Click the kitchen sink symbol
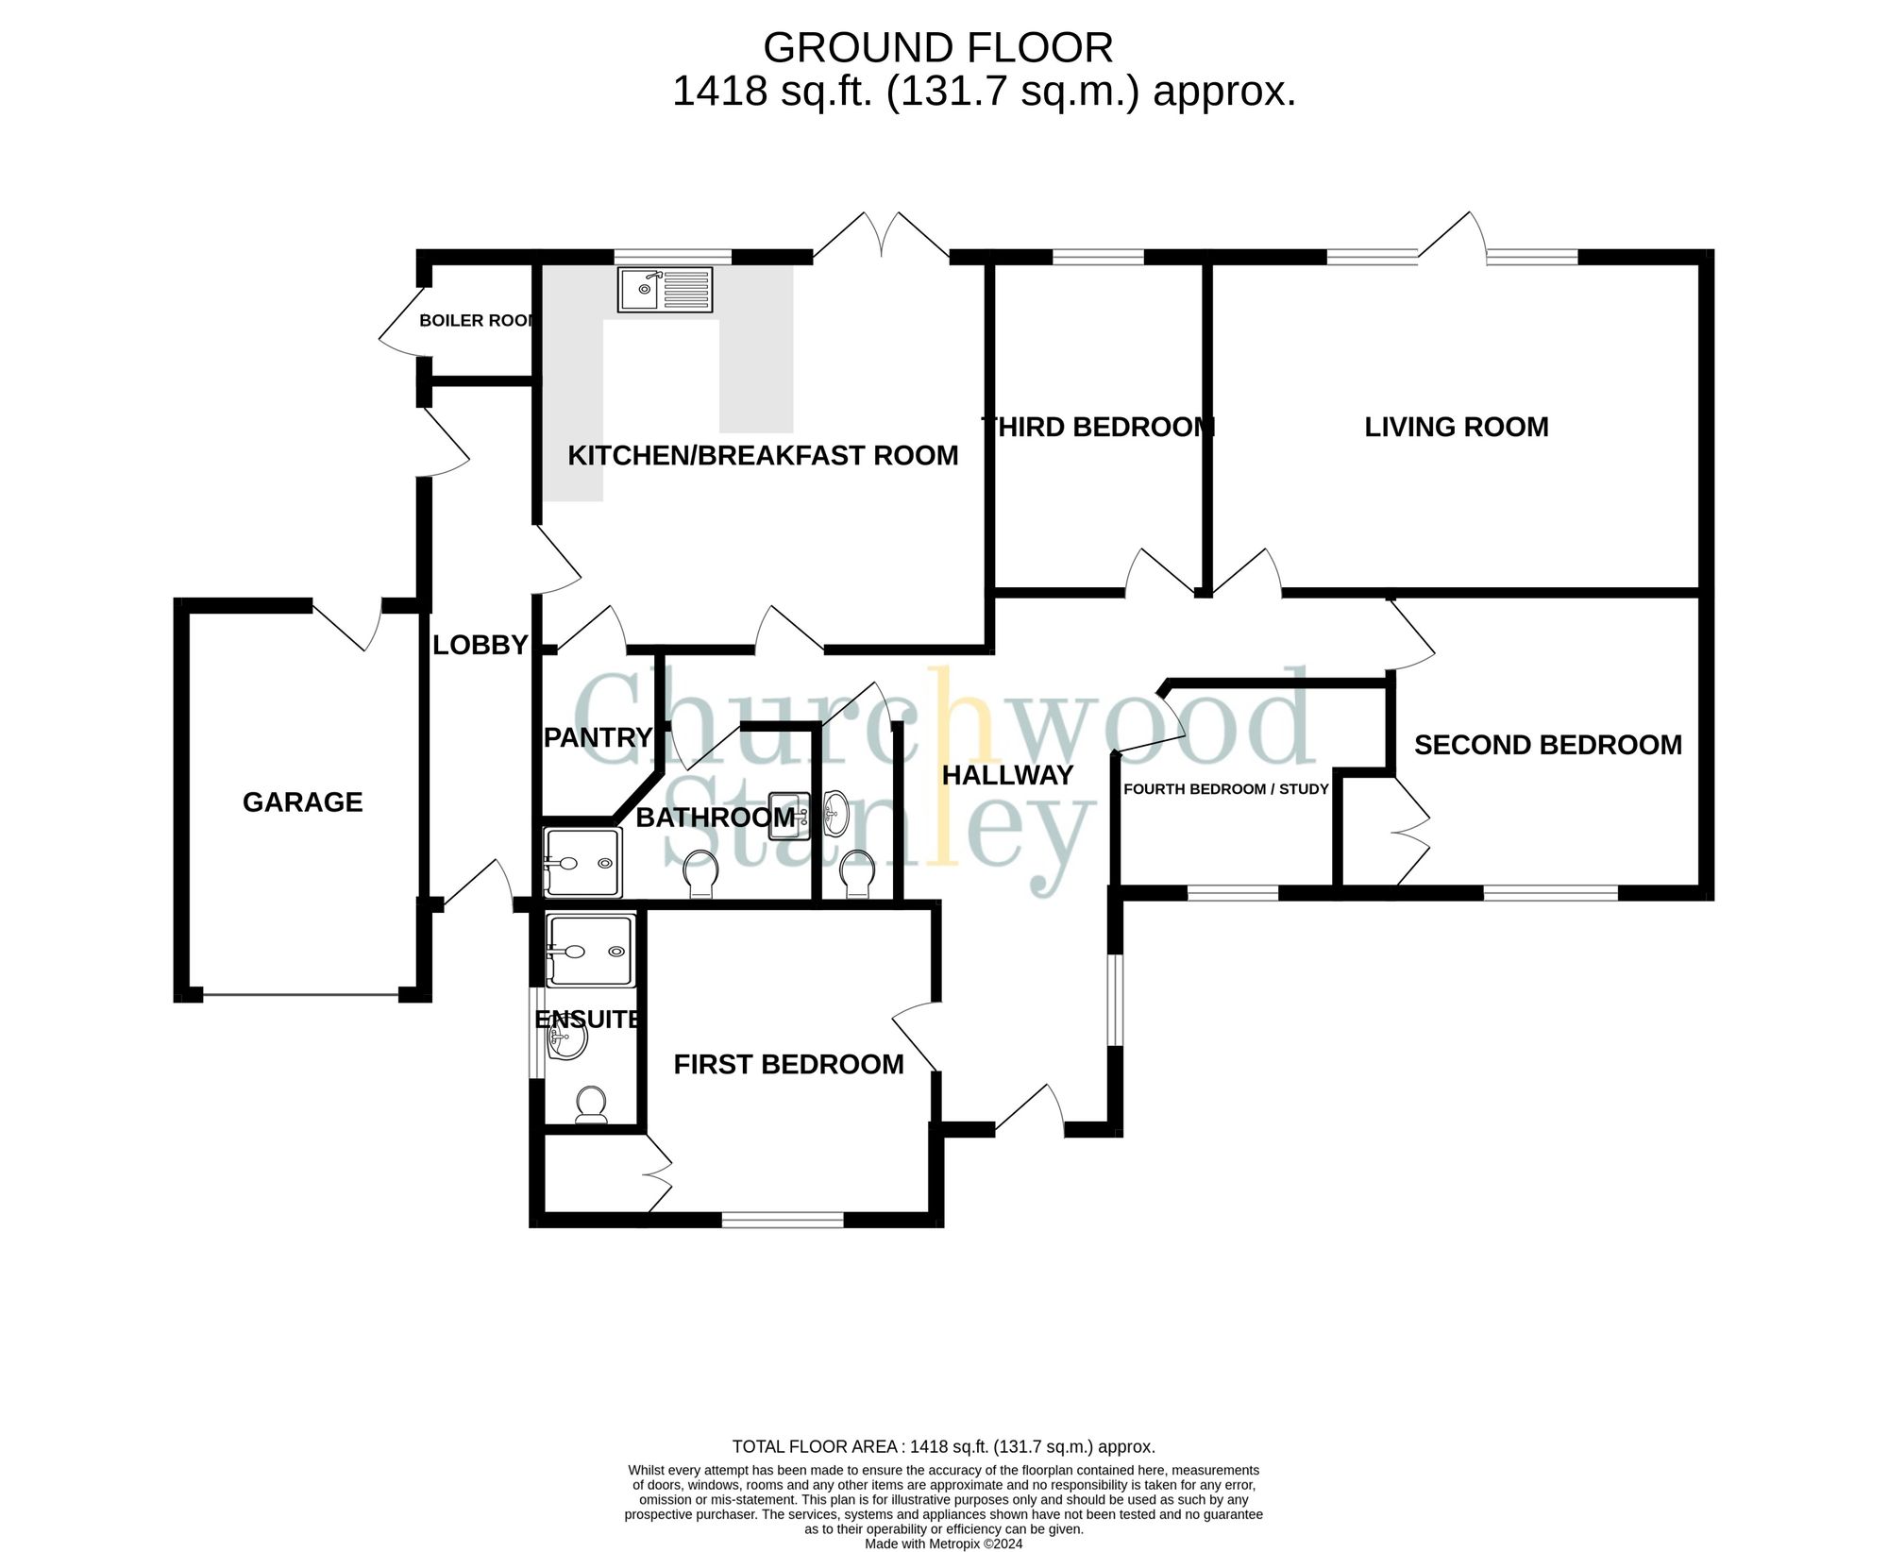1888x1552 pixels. coord(665,289)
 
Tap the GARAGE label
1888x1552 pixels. coord(302,802)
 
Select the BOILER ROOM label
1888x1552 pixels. coord(477,321)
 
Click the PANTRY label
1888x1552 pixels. coord(598,737)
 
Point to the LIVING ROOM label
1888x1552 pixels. coord(1456,428)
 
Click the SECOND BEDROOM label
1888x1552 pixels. coord(1547,746)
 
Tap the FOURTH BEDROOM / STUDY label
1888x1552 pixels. coord(1225,789)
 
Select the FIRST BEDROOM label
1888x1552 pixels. coord(788,1065)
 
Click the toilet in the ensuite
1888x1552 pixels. coord(592,1105)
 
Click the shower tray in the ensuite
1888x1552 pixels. coord(591,951)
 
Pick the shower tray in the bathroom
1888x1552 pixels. coord(583,862)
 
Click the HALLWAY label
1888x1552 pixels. coord(1007,776)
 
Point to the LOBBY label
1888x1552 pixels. coord(480,646)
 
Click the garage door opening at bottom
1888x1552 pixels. coord(300,994)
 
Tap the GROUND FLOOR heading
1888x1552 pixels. coord(937,47)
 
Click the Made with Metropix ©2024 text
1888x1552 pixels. coord(943,1544)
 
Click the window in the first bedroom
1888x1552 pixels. coord(782,1221)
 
